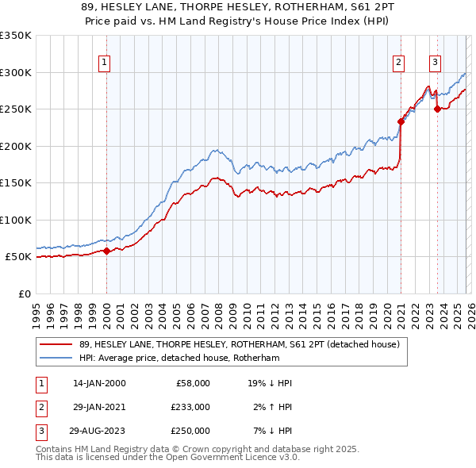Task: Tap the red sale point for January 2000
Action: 106,251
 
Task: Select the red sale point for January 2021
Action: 401,121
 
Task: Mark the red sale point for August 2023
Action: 437,109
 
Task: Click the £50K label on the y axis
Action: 17,257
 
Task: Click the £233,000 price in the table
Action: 190,407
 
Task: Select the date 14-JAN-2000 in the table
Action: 98,383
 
